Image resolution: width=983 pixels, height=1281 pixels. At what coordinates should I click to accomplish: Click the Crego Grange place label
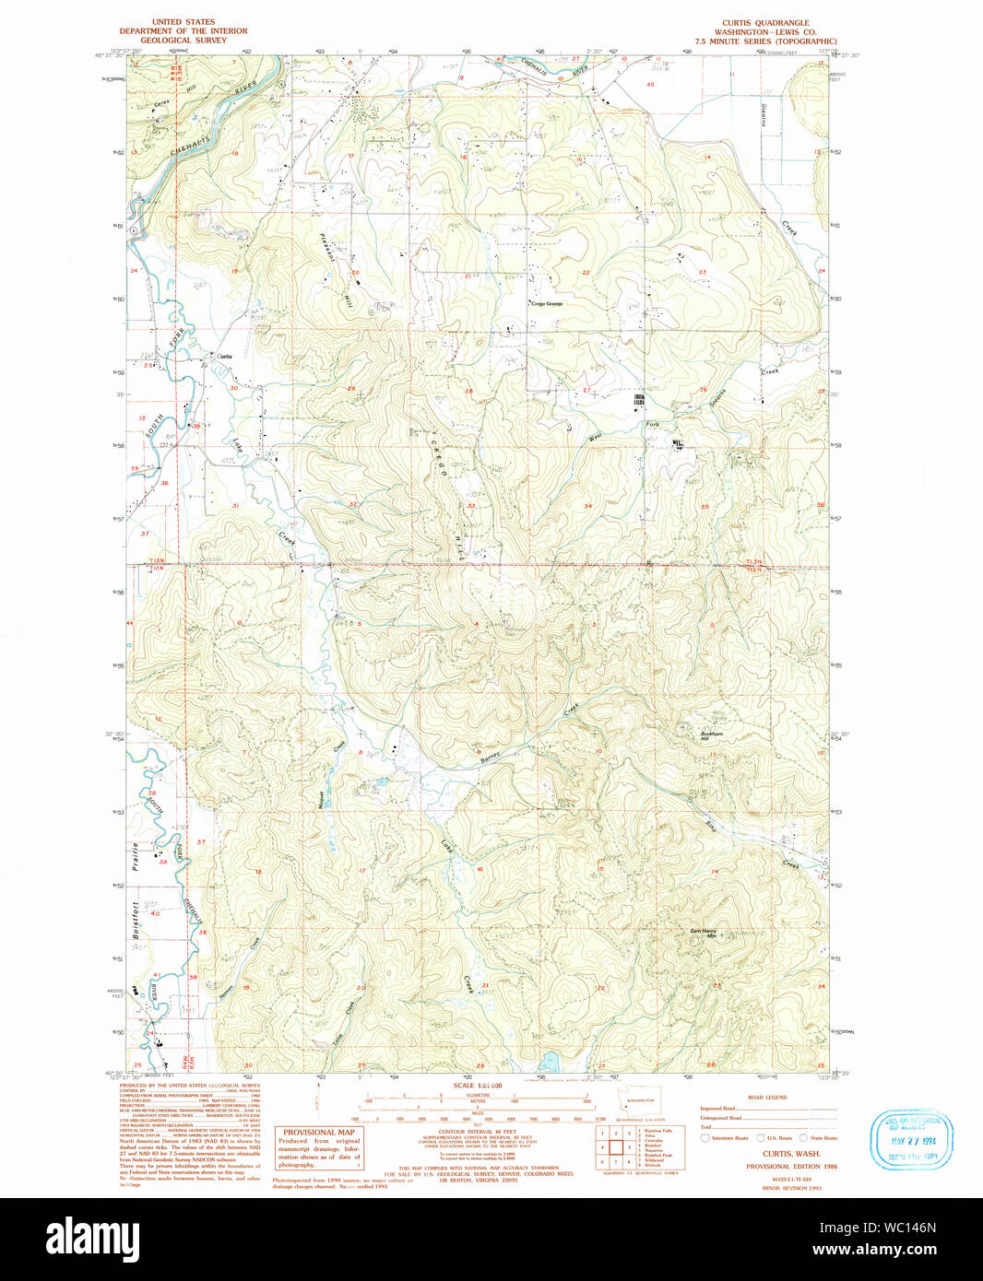(x=546, y=303)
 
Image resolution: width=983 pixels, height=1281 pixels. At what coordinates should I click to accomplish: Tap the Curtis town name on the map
(x=224, y=356)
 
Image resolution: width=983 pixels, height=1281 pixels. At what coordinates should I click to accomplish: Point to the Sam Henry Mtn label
(x=704, y=933)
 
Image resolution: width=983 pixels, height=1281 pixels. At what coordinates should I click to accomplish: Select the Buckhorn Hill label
(x=711, y=736)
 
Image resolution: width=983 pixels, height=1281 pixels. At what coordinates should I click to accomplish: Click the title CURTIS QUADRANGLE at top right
(x=765, y=23)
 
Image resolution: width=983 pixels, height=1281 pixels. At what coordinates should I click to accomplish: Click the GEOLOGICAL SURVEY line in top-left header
(x=184, y=41)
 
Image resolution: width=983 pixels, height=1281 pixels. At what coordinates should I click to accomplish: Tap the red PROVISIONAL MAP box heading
(x=318, y=1132)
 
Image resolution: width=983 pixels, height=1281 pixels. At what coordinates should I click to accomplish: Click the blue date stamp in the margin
(x=911, y=1140)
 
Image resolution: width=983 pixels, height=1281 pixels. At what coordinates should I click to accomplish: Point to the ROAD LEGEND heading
(x=766, y=1098)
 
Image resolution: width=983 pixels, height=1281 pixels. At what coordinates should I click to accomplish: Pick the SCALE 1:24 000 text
(x=477, y=1086)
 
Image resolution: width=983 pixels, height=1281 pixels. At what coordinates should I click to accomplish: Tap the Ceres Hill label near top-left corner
(x=162, y=103)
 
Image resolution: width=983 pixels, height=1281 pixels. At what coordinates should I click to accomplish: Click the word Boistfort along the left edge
(x=135, y=920)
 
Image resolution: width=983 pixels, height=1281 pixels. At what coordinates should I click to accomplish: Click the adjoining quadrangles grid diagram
(x=615, y=1148)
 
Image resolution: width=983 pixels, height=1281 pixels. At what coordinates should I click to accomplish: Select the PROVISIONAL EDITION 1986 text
(x=791, y=1166)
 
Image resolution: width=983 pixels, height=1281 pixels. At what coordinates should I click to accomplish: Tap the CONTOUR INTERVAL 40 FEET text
(x=477, y=1132)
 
